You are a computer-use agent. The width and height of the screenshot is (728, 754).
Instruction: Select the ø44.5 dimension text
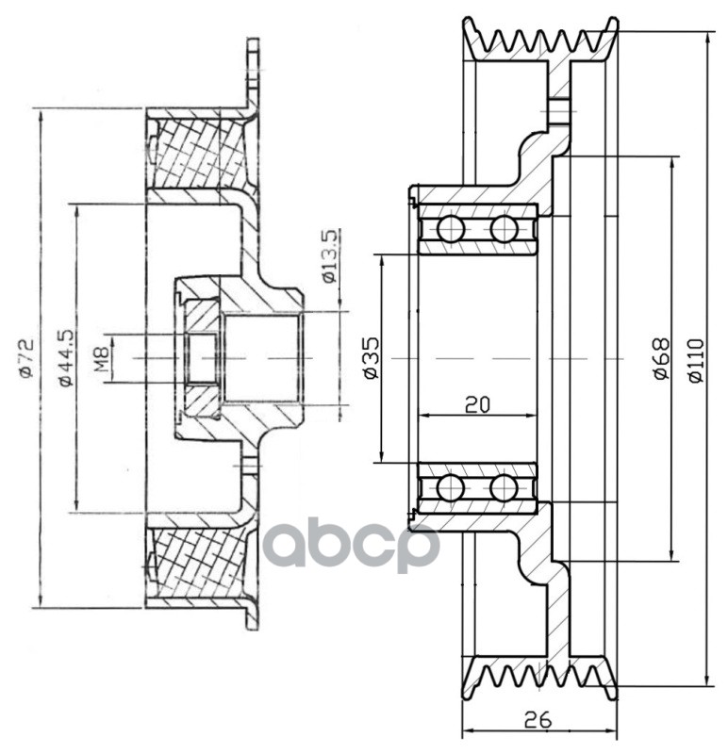(65, 358)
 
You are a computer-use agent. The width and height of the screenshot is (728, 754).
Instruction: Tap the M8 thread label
(103, 358)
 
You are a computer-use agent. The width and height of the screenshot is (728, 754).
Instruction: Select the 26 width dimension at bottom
(538, 719)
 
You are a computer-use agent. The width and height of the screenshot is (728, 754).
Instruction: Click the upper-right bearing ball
(505, 229)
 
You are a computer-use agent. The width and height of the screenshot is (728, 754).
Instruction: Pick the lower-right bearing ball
(505, 488)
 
